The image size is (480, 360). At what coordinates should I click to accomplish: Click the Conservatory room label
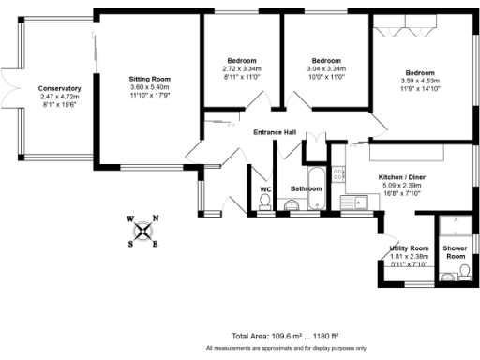tap(61, 88)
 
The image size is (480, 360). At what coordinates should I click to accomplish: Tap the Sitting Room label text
tap(149, 78)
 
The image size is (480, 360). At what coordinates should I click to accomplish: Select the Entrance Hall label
tap(275, 132)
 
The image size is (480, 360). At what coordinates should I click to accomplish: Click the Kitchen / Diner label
tap(401, 177)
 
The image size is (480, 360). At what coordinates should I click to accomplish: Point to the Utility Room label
tap(409, 247)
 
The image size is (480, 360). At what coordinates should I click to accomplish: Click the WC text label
tap(264, 189)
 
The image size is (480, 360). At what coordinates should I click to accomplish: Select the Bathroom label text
tap(306, 189)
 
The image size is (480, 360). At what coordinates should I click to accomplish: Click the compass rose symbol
tap(142, 231)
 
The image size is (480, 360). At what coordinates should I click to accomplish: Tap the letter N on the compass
tap(156, 218)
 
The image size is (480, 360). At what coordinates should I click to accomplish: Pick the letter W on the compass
tap(130, 219)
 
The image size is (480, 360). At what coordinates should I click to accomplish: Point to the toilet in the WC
tap(264, 205)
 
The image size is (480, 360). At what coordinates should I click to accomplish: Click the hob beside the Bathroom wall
tap(338, 175)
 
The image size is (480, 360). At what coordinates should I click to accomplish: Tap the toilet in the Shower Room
tap(451, 277)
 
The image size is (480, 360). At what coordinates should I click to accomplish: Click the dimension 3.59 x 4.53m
tap(419, 82)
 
